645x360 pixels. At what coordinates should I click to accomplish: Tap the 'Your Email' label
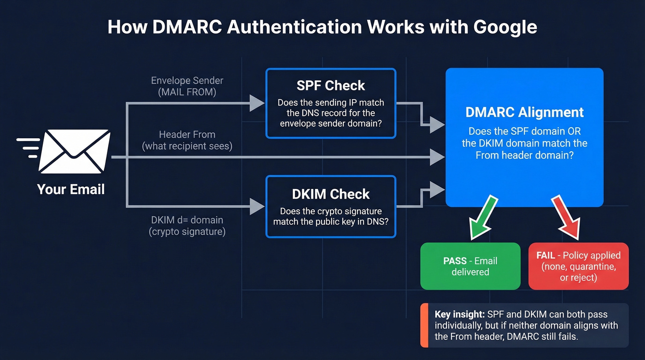pos(71,189)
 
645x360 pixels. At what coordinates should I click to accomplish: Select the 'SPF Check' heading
pos(331,85)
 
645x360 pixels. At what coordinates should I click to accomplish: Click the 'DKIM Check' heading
pos(331,194)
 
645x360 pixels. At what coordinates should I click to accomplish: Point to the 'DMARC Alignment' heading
pos(524,112)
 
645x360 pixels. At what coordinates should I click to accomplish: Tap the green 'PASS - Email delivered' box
pos(470,266)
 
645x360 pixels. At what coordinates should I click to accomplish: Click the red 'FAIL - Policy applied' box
pos(578,266)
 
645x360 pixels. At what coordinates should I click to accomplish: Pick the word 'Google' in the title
pos(505,27)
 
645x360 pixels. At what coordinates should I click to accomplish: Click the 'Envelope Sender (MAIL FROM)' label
pos(187,86)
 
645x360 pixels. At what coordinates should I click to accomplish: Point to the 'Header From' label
pos(187,135)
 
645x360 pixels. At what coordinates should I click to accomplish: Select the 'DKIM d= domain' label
pos(187,220)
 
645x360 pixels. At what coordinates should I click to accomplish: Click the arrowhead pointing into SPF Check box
pos(257,103)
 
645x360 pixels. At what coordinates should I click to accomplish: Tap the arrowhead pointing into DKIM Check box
pos(257,206)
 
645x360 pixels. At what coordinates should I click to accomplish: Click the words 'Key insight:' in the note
pos(459,314)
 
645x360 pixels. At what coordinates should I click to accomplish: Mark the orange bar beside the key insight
pos(422,325)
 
